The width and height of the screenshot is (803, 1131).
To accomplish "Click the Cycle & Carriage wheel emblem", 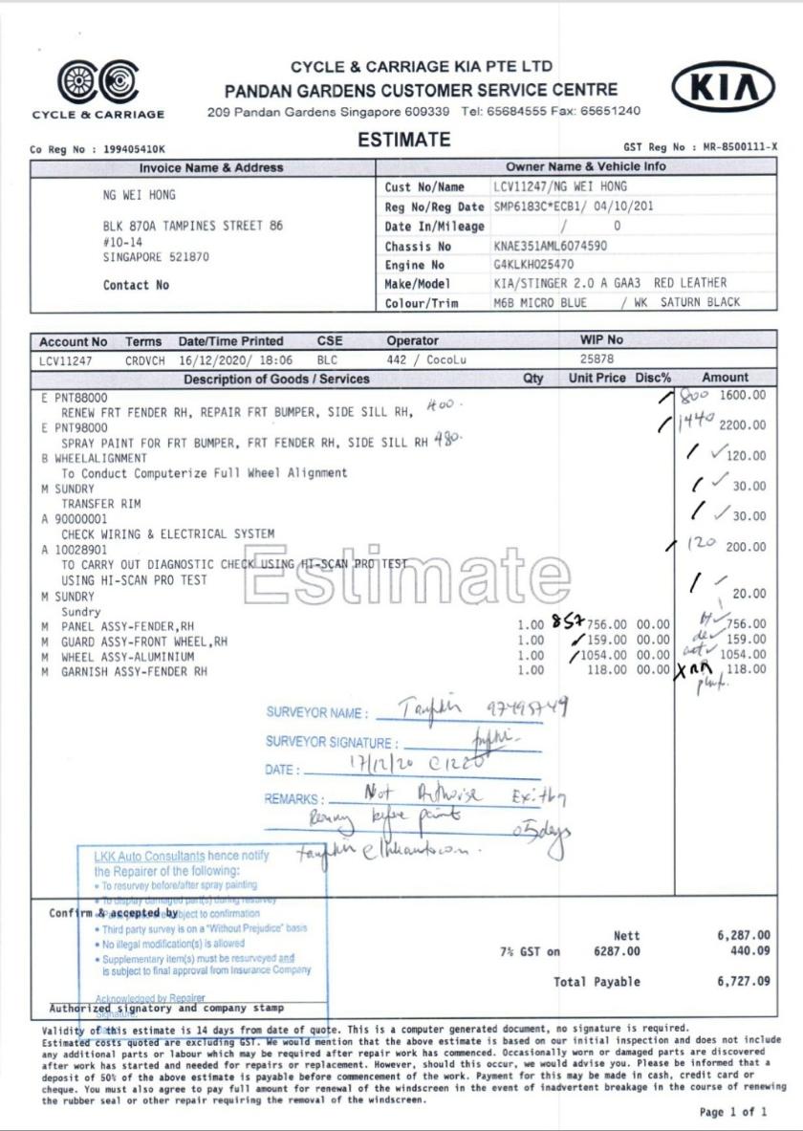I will (97, 83).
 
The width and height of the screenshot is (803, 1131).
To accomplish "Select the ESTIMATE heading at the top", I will (403, 140).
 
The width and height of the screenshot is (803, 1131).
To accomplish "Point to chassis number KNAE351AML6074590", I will (550, 246).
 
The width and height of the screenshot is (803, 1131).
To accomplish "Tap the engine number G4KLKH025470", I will (533, 264).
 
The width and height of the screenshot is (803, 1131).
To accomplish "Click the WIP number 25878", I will (597, 359).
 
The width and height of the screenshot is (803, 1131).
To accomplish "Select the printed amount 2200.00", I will (743, 424).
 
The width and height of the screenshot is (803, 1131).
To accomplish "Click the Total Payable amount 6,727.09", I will (743, 981).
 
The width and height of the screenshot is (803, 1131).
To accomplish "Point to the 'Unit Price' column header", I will (597, 379).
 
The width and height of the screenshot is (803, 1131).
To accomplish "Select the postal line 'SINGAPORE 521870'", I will (156, 257).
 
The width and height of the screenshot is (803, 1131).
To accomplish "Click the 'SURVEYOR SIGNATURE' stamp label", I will (329, 743).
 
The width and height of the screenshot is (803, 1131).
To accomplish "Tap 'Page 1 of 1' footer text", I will (733, 1112).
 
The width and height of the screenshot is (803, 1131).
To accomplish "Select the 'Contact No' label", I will (136, 285).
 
